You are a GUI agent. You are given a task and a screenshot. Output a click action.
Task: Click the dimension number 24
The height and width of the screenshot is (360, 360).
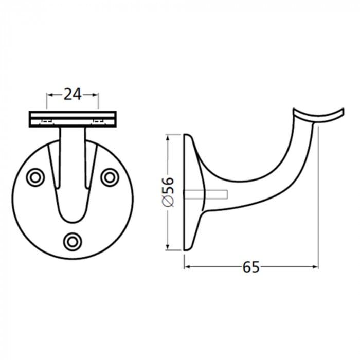click(73, 94)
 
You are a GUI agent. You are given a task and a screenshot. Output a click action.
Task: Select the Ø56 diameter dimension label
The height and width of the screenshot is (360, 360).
click(168, 192)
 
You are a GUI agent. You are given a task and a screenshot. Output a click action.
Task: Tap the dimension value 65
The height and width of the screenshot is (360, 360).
click(250, 267)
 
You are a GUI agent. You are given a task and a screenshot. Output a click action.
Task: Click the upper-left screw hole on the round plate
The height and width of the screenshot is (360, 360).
click(35, 177)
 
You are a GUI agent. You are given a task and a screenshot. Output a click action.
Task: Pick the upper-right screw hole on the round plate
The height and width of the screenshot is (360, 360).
click(109, 177)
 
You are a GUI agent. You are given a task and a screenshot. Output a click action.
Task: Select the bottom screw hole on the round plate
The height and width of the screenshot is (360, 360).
click(73, 240)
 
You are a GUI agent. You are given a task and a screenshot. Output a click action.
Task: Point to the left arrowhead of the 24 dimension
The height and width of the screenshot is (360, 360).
click(50, 94)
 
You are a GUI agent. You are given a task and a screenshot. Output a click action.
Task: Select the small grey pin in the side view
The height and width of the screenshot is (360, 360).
click(208, 194)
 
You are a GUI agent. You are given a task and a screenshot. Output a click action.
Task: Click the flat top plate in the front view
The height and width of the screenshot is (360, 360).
click(73, 119)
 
